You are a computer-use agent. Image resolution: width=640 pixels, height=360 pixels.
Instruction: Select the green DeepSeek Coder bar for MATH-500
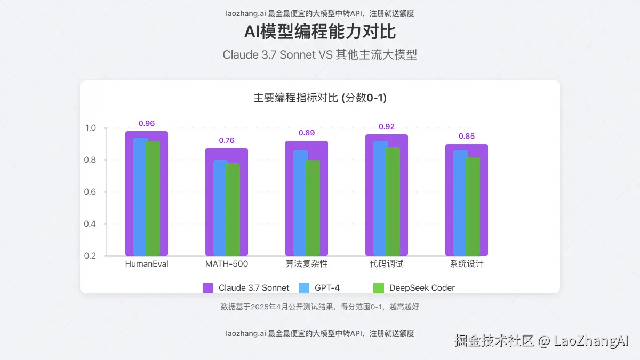[x=233, y=209]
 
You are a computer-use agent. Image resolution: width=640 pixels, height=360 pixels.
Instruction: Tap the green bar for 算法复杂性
[x=313, y=208]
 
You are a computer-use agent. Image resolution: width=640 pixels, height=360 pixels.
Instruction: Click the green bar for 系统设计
[x=473, y=206]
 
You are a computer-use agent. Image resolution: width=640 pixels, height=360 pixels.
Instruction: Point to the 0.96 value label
[x=147, y=123]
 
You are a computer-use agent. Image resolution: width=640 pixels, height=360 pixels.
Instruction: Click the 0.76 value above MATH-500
[x=227, y=140]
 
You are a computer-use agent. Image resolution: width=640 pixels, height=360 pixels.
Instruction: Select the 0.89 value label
[x=307, y=133]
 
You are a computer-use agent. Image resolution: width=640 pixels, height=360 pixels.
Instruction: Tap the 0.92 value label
[x=387, y=126]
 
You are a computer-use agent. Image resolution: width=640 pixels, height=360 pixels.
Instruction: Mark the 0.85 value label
[x=467, y=136]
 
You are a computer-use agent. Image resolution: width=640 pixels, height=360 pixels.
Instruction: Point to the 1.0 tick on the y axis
[x=90, y=128]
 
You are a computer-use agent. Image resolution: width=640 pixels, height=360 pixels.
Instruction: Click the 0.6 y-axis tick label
[x=90, y=192]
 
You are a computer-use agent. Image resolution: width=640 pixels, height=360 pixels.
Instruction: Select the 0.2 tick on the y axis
[x=90, y=256]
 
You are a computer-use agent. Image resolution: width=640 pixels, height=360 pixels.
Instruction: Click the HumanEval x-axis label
[x=147, y=264]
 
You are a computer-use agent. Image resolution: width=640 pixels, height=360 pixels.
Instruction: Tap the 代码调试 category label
[x=387, y=264]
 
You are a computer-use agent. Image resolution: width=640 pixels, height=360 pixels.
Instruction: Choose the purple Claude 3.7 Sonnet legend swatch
[x=208, y=288]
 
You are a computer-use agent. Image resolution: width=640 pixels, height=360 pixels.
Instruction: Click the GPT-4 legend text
[x=327, y=288]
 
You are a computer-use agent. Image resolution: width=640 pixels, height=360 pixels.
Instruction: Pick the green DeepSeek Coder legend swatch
[x=379, y=288]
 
